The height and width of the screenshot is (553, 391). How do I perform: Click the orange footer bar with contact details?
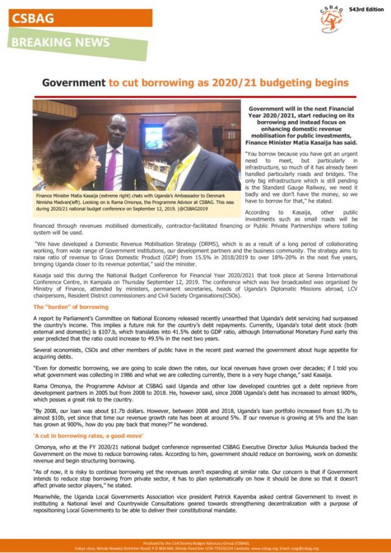(195, 545)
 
